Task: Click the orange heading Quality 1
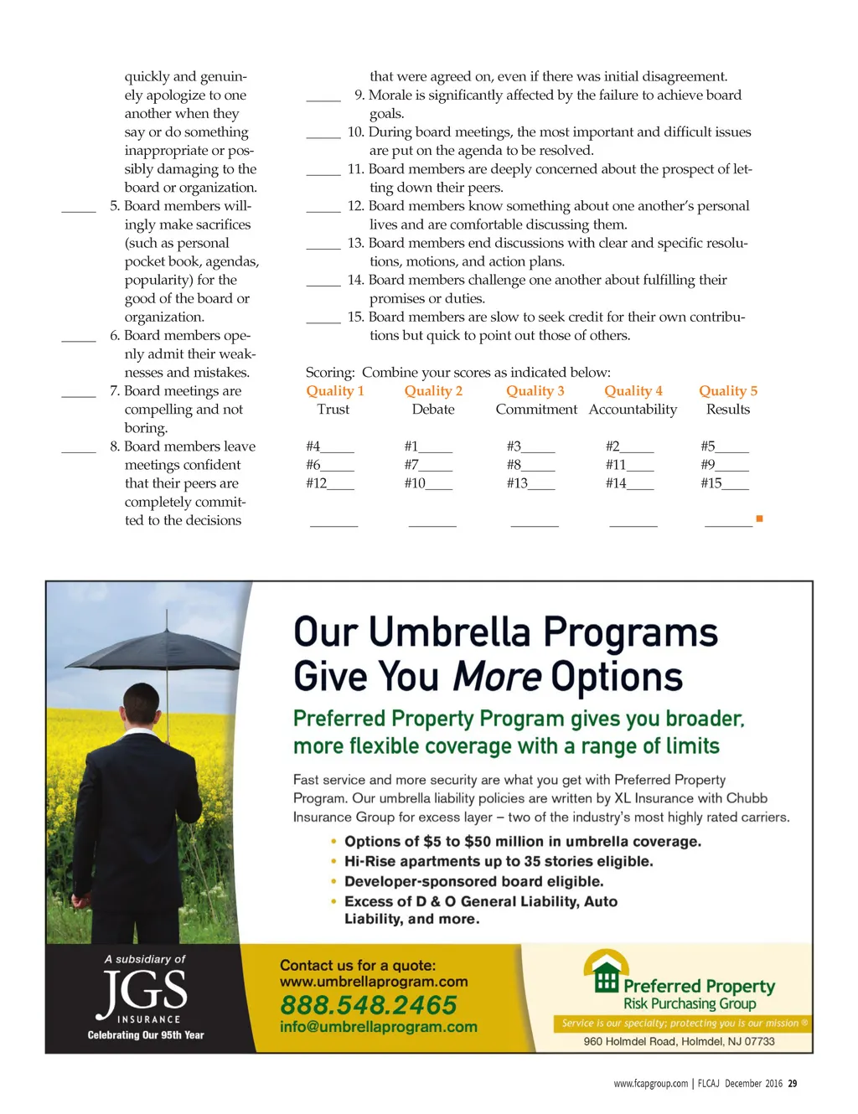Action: tap(334, 391)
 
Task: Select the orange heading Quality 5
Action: tap(727, 391)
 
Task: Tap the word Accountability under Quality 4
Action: tap(633, 410)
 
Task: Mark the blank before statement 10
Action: tap(323, 136)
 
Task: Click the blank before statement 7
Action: tap(78, 395)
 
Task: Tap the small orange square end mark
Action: tap(759, 519)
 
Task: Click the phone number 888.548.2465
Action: tap(368, 1004)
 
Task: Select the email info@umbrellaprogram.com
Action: tap(378, 1027)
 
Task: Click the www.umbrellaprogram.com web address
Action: tap(374, 982)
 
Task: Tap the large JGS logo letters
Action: tap(144, 992)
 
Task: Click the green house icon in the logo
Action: tap(606, 973)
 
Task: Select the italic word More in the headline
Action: tap(497, 677)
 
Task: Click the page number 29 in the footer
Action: tap(792, 1084)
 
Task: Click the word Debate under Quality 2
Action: tap(432, 410)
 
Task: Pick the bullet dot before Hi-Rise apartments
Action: tap(333, 861)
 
